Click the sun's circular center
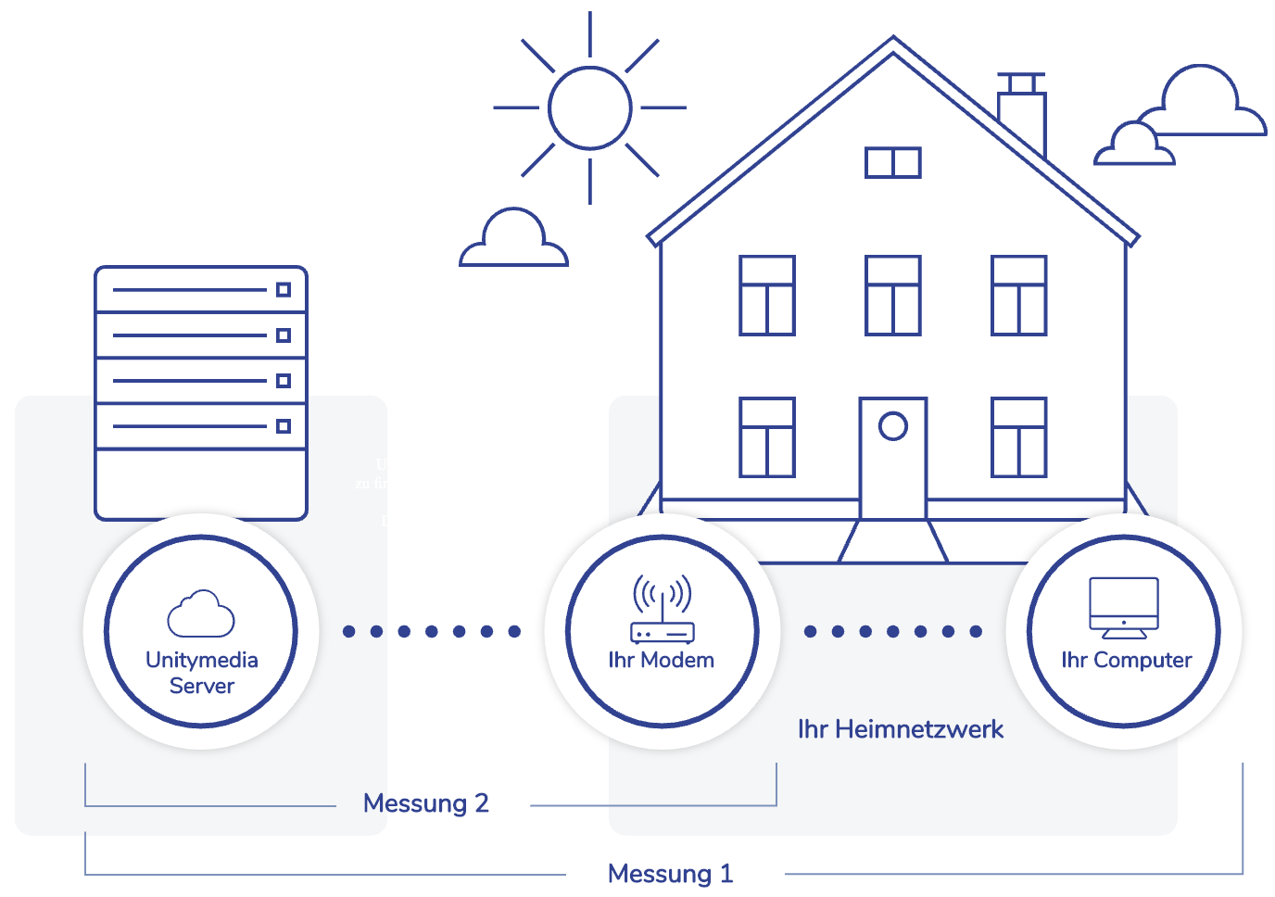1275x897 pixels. click(589, 107)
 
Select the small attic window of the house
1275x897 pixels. click(892, 162)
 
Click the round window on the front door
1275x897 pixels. click(892, 426)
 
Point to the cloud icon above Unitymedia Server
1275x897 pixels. click(201, 613)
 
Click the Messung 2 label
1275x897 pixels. click(425, 803)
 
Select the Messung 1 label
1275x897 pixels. click(670, 874)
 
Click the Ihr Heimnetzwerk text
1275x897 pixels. click(900, 729)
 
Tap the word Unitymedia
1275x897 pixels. click(202, 660)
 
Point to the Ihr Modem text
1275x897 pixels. click(662, 660)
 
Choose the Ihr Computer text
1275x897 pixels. click(1126, 660)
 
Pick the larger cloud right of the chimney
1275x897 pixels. click(1204, 105)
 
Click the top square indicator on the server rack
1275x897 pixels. click(284, 289)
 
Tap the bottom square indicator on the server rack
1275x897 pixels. click(284, 426)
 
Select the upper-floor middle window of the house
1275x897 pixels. click(892, 296)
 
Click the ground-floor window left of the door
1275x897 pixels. click(766, 437)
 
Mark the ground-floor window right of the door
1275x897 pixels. click(1018, 437)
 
